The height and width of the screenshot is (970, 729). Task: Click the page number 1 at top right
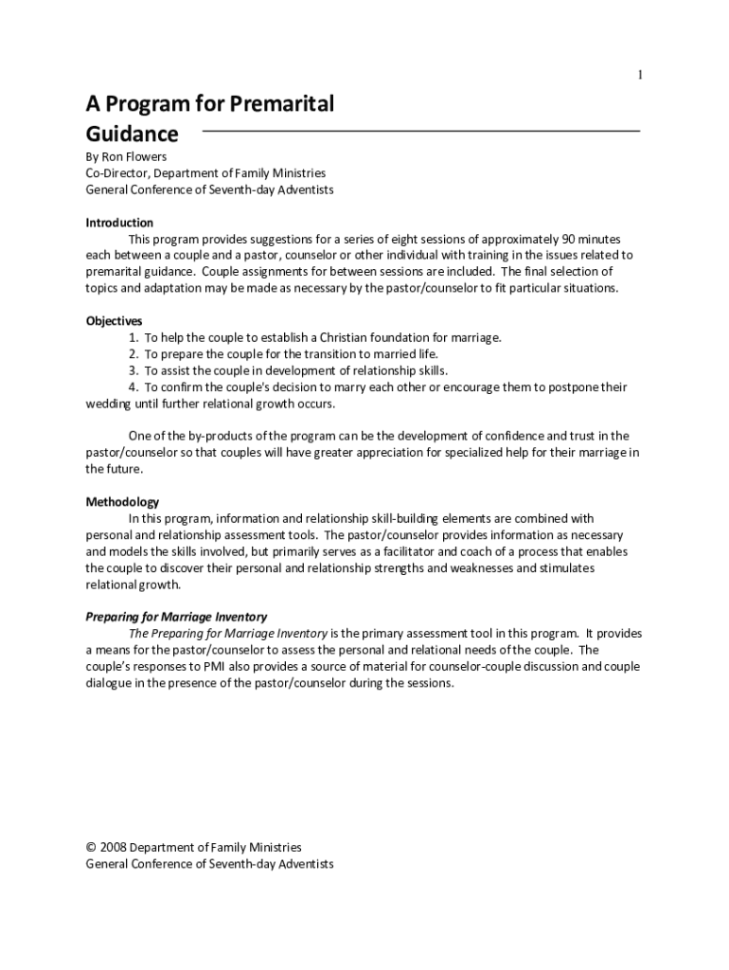[640, 75]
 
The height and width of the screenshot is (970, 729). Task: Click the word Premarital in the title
[286, 104]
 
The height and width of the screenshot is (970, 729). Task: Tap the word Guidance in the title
[132, 135]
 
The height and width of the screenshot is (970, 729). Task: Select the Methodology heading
[122, 502]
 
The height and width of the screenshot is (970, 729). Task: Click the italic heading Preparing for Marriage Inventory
[176, 617]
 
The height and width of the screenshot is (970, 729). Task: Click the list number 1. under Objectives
[135, 337]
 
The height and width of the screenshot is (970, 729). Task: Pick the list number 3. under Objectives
[135, 370]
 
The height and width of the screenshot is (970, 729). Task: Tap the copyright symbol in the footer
[91, 848]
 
